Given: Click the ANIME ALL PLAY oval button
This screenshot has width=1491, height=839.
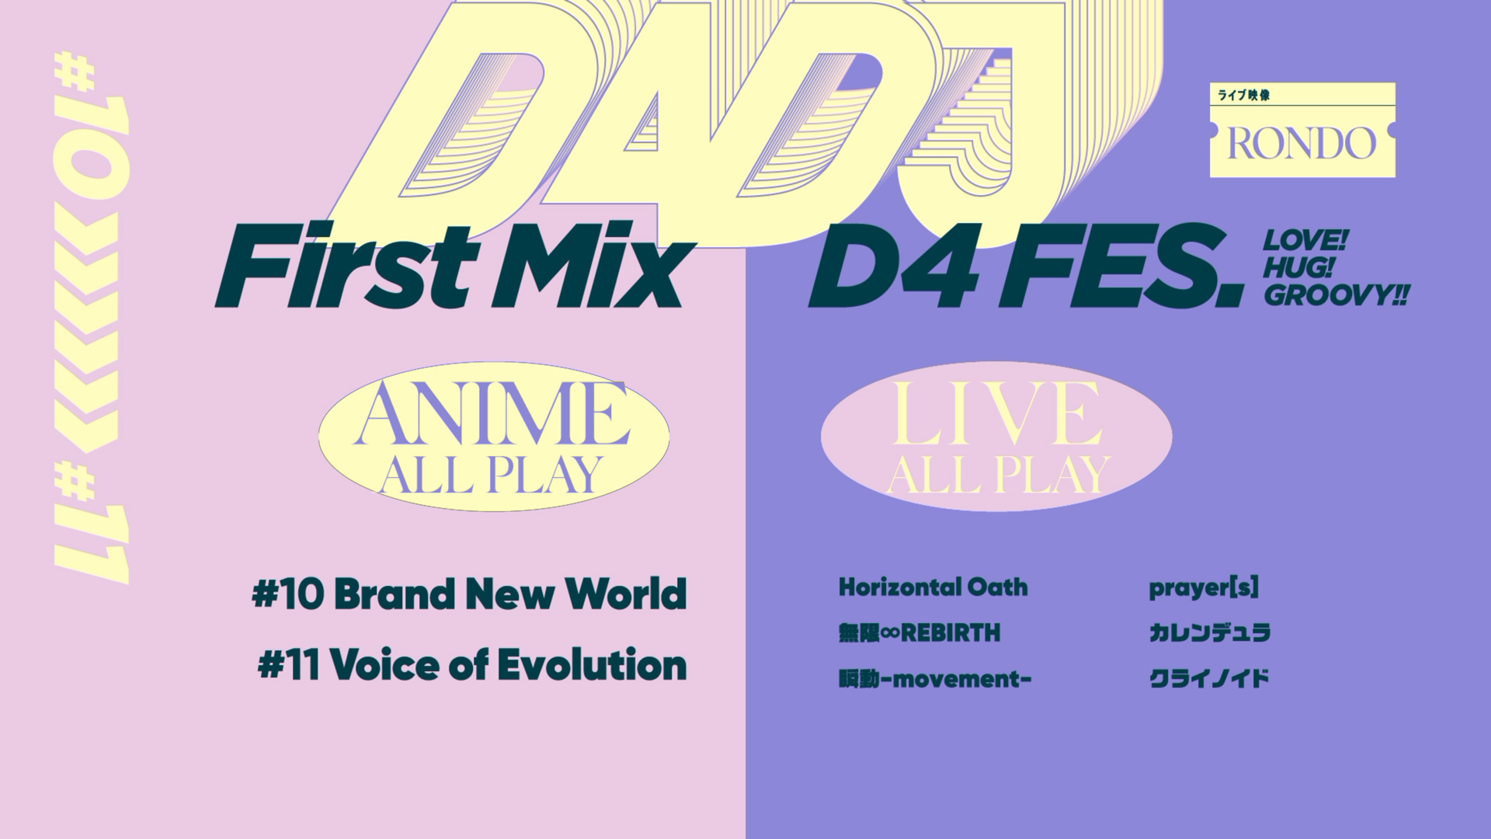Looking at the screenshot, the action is pos(494,436).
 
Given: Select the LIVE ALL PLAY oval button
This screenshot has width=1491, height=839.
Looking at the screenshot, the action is pos(996,436).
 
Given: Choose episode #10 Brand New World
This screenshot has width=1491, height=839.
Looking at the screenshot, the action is pos(469,594).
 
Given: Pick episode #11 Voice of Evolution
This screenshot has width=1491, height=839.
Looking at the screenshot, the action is pos(472,666).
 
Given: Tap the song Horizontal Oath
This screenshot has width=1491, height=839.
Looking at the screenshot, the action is pos(933,587).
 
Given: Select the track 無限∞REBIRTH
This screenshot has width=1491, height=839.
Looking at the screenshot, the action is pos(919,633).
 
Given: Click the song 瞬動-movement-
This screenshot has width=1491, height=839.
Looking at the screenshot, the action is pos(935,679).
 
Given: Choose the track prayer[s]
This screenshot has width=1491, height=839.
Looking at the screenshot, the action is pos(1204,588).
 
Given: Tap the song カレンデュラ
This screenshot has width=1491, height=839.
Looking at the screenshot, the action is pos(1209,633).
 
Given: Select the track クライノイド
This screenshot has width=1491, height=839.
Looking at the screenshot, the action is pos(1208,679).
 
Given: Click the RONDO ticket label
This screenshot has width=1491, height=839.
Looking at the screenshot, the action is pos(1302,130).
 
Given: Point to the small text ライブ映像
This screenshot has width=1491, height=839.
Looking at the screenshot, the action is pos(1244,95).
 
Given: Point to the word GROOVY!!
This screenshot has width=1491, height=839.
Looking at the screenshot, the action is pos(1336,295).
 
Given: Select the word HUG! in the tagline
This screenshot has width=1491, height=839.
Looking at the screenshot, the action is pos(1298,267).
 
